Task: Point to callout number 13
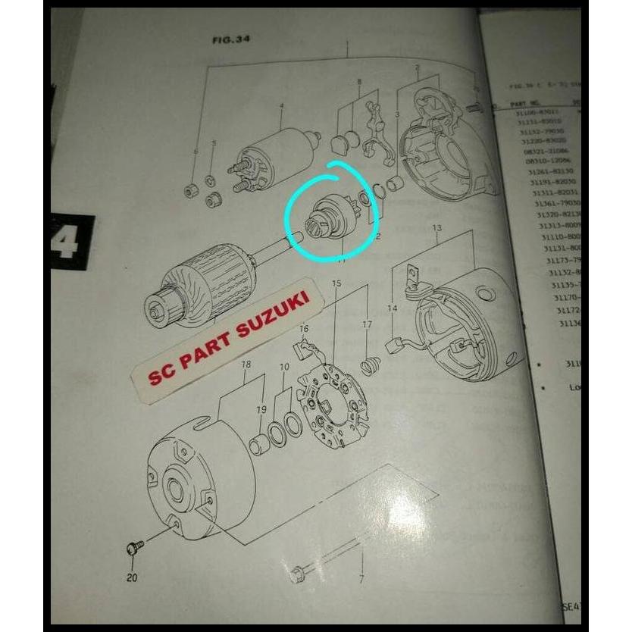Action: point(436,228)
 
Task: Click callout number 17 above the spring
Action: point(368,326)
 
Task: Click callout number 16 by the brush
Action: point(304,328)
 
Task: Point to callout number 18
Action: point(246,365)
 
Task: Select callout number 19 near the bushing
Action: point(261,410)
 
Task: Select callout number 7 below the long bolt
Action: point(361,580)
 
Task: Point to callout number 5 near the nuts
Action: point(214,143)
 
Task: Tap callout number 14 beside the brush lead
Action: point(392,308)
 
